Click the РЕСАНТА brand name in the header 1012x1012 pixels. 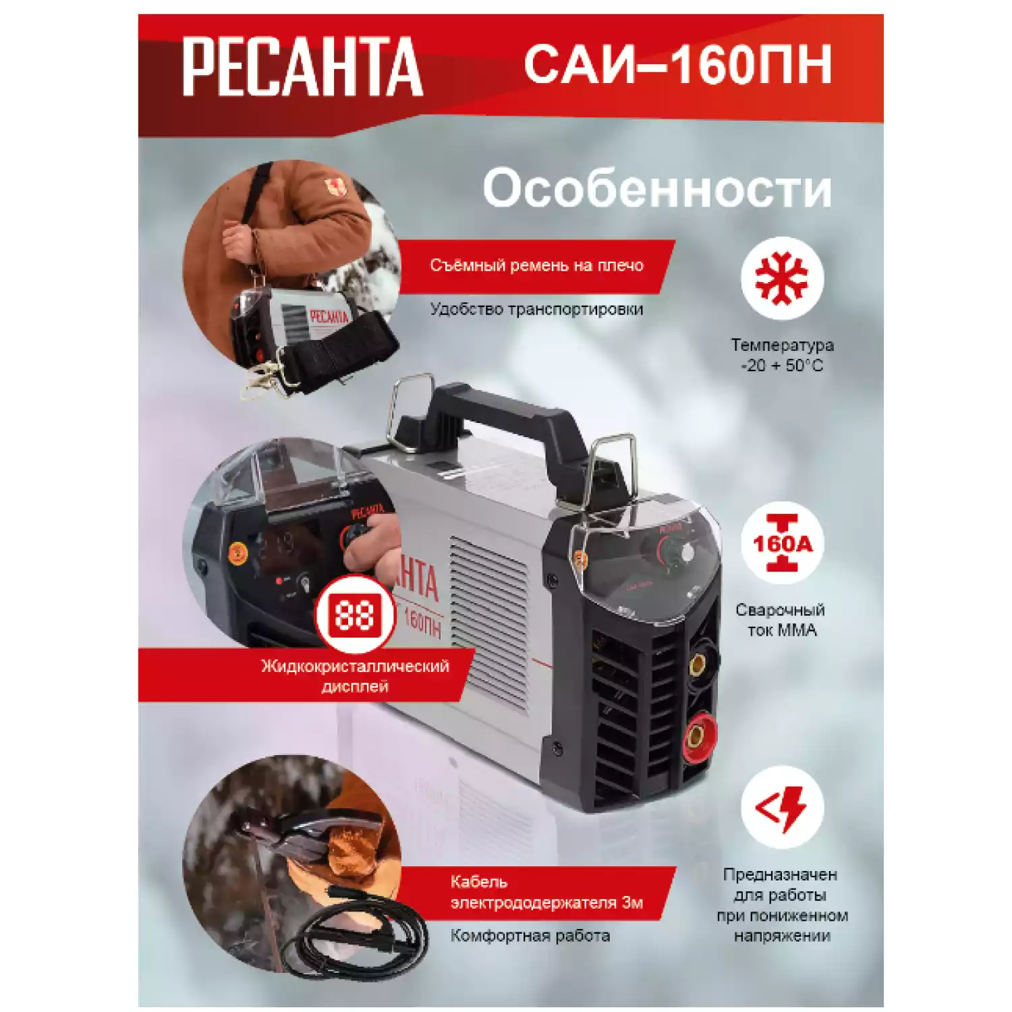coord(302,67)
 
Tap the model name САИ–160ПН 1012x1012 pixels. coord(677,65)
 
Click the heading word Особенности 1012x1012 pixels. coord(657,188)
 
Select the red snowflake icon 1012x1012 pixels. coord(782,278)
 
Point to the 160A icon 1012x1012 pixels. coord(782,544)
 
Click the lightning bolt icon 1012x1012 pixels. coord(782,807)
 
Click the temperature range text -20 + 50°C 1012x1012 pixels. coord(782,366)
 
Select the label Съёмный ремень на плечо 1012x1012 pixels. coord(536,266)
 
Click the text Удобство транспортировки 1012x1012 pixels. coord(536,310)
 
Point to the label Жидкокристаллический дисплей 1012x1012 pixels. coord(355,676)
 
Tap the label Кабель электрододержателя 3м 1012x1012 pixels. coord(546,892)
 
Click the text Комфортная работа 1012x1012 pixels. coord(530,936)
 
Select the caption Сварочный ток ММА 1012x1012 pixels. coord(781,619)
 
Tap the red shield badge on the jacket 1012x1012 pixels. coord(336,188)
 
